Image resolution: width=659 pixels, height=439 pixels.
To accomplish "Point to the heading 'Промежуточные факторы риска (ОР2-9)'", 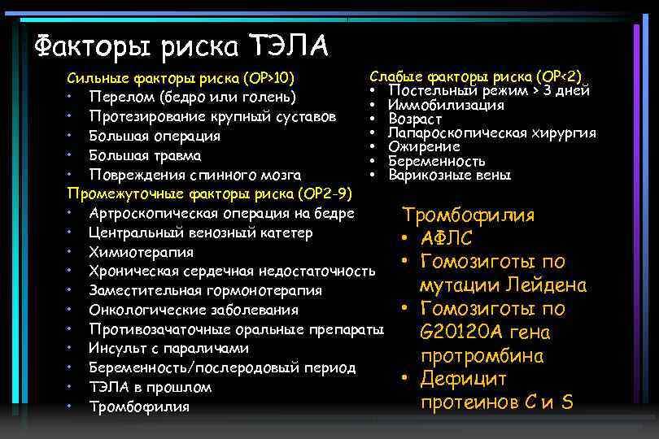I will tap(210, 193).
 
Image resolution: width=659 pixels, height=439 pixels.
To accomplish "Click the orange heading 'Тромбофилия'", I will tap(469, 215).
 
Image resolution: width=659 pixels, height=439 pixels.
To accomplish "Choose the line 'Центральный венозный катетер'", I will tap(201, 233).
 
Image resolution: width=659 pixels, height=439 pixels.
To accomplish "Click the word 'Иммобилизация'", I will tap(446, 105).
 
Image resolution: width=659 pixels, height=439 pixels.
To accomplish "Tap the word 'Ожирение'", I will tap(424, 146).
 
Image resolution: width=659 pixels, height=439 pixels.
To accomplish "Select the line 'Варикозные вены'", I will tap(449, 175).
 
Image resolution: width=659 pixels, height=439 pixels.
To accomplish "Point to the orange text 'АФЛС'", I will tap(447, 239).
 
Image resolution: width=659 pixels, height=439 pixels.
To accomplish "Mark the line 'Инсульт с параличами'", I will tap(168, 348).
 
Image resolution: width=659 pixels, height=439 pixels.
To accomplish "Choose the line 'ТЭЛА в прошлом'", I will tap(150, 387).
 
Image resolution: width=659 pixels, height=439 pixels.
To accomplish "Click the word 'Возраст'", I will tap(415, 119).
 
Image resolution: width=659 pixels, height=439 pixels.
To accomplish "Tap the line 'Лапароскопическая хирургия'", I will tap(492, 133).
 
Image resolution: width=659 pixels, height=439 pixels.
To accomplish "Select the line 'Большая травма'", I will tap(146, 155).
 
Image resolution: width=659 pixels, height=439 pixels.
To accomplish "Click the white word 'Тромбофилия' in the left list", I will tap(139, 406).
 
